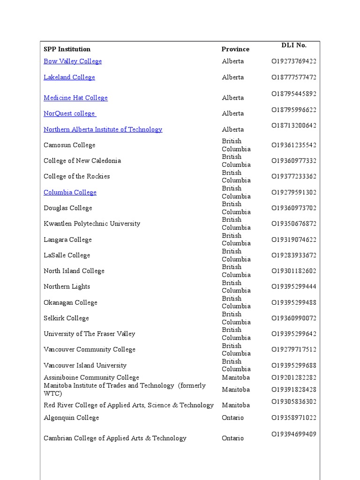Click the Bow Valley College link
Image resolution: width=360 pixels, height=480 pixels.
73,61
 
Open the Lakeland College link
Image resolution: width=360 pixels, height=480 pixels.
69,77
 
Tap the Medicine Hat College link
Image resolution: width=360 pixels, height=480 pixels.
75,98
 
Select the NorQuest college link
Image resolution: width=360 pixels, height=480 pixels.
70,113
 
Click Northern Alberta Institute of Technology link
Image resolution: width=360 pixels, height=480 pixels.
103,129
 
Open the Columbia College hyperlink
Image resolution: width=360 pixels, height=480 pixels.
70,193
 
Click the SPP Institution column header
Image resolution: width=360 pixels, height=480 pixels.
67,49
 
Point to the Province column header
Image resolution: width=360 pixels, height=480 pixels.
235,49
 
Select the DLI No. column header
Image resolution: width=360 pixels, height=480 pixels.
294,45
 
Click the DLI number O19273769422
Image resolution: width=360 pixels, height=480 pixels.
294,61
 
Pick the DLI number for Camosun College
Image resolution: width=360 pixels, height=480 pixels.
294,145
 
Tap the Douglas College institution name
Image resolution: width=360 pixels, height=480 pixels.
68,208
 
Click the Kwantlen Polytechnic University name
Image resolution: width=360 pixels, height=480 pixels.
92,224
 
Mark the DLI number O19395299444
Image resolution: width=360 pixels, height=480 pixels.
294,286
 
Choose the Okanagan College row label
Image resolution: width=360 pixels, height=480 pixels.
70,303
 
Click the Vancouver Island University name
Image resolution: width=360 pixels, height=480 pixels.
85,366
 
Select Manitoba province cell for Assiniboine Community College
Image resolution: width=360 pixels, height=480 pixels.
236,378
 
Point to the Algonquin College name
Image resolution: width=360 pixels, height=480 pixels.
71,418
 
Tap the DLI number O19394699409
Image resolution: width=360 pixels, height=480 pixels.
294,435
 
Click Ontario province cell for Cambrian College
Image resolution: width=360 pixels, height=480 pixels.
233,438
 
